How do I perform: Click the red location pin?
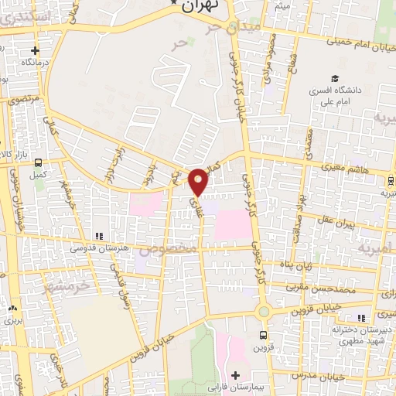[199, 181]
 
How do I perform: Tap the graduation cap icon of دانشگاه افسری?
[336, 78]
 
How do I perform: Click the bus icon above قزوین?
[264, 335]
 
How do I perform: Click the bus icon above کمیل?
[37, 163]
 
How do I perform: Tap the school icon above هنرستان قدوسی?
[98, 236]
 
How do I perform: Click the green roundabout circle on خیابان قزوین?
[264, 311]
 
